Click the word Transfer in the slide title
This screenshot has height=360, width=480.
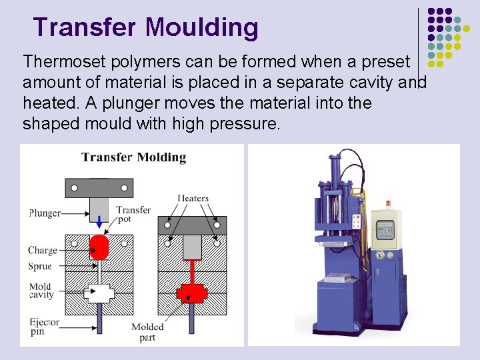pos(85,27)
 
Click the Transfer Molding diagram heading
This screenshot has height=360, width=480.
pos(133,157)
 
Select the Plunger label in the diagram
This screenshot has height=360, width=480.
pos(45,213)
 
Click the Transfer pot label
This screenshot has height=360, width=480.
pos(133,214)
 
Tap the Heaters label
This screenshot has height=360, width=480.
pos(193,198)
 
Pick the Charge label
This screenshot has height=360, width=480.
pos(43,251)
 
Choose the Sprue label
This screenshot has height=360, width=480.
pos(40,266)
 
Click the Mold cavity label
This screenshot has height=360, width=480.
pos(41,291)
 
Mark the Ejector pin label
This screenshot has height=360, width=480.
pos(44,326)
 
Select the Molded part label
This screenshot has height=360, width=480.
pos(147,331)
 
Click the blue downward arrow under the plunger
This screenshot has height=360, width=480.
pos(99,222)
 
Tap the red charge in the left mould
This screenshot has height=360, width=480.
pos(99,247)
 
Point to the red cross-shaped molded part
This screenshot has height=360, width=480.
pos(192,292)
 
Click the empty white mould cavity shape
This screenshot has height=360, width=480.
pos(99,292)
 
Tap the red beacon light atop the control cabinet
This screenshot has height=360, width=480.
pos(389,203)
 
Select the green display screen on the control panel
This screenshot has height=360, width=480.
pos(385,231)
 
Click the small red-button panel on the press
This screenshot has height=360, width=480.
pos(357,221)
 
